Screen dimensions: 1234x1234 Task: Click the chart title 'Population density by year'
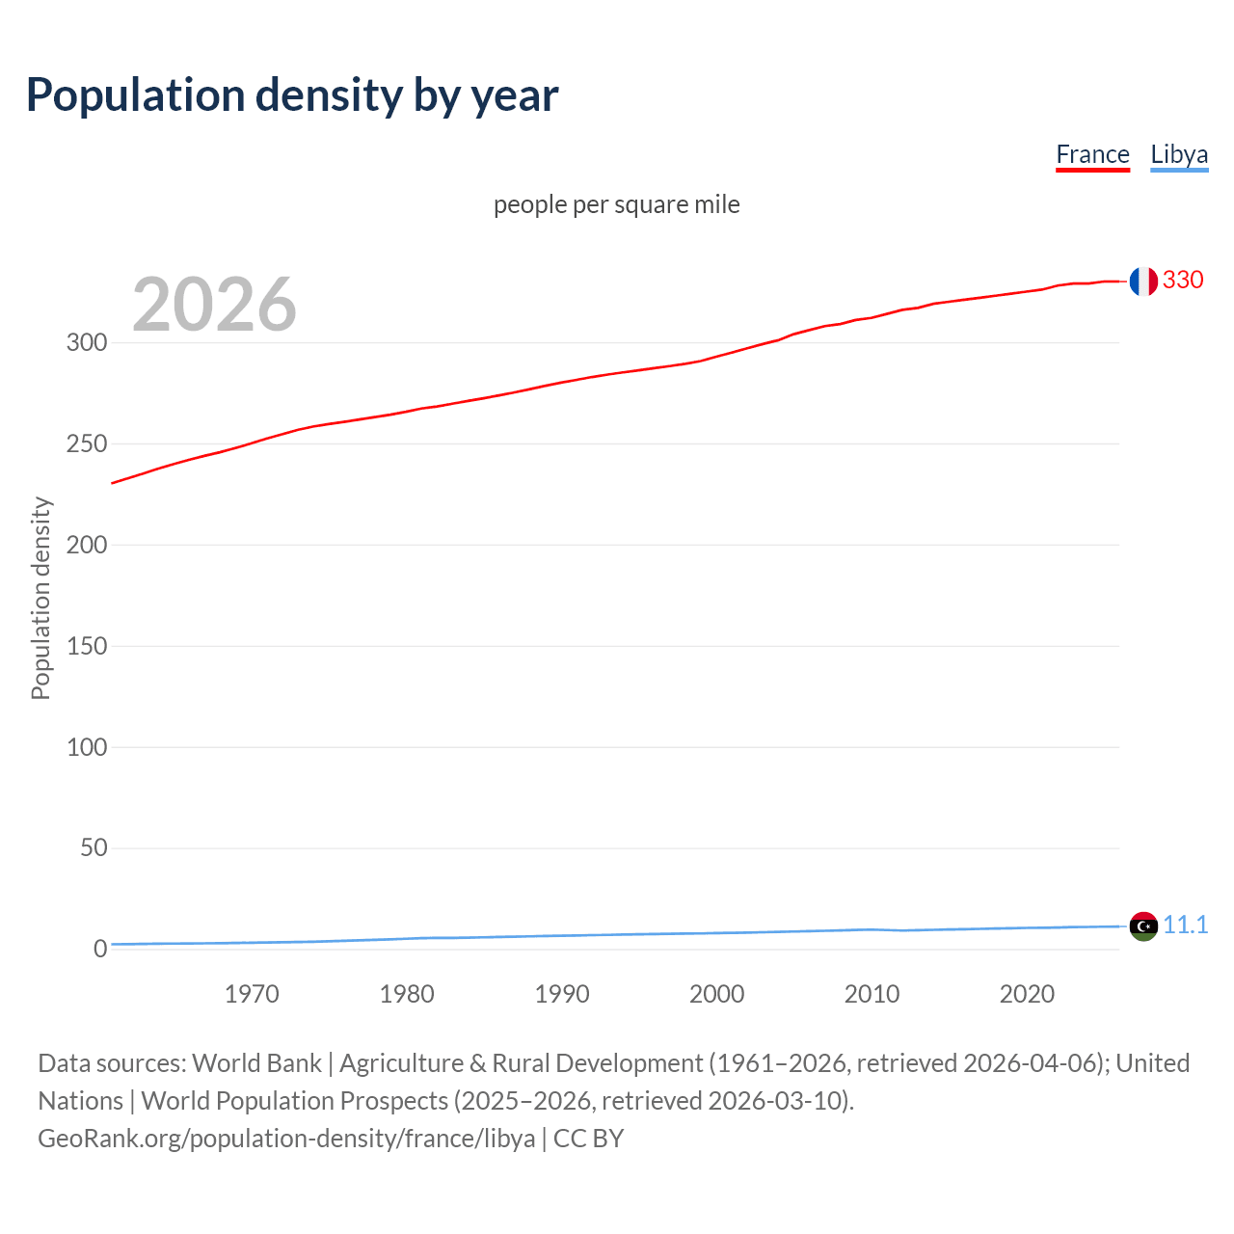292,94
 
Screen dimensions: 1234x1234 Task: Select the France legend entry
1092,154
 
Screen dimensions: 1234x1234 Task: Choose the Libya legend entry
1179,154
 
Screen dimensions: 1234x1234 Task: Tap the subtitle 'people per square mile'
616,204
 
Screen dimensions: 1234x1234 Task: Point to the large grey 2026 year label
214,305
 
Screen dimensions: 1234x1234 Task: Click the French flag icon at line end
1143,282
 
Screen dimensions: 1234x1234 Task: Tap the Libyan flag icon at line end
1143,925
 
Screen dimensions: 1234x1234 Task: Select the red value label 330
1183,280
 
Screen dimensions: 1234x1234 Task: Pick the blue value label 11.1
1185,925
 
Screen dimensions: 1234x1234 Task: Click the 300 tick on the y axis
87,342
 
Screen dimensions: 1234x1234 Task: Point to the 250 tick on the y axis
87,443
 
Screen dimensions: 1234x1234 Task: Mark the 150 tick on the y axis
87,646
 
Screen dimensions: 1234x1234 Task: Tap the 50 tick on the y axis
94,847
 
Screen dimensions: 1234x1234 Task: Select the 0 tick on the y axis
100,949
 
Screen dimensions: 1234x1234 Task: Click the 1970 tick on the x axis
252,994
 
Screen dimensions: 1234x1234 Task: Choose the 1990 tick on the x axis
562,994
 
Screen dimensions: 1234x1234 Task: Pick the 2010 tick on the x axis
872,994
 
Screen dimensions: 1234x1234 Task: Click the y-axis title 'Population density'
40,598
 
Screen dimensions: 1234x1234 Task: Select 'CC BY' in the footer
588,1139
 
